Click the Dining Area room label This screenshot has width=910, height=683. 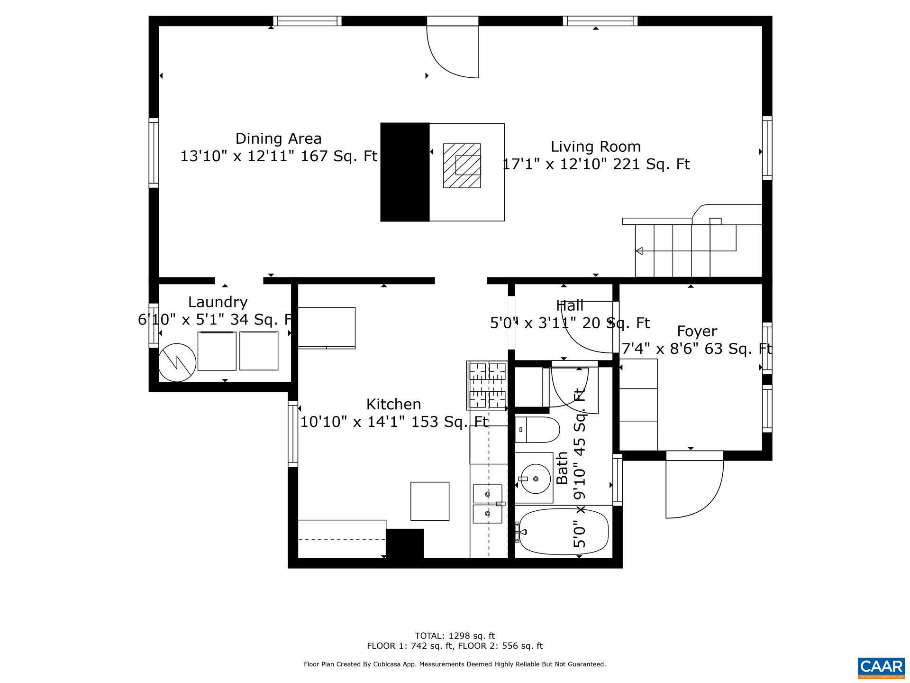click(278, 139)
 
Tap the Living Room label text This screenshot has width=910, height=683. click(595, 147)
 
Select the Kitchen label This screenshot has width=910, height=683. click(393, 404)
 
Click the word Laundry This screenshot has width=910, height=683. click(218, 302)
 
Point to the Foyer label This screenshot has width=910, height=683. click(697, 331)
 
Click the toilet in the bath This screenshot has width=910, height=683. click(537, 430)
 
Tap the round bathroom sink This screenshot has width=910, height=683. click(535, 478)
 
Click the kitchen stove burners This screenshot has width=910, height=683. click(487, 385)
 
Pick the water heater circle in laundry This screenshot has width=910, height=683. click(177, 362)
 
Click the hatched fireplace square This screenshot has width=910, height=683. click(462, 166)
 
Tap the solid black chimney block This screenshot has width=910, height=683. click(405, 172)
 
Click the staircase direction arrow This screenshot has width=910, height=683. click(639, 250)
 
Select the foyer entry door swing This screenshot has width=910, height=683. click(692, 489)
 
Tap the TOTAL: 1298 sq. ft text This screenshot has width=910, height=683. click(455, 636)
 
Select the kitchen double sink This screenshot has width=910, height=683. click(487, 504)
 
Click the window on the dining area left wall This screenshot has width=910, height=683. click(154, 152)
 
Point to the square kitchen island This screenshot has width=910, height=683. click(429, 501)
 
